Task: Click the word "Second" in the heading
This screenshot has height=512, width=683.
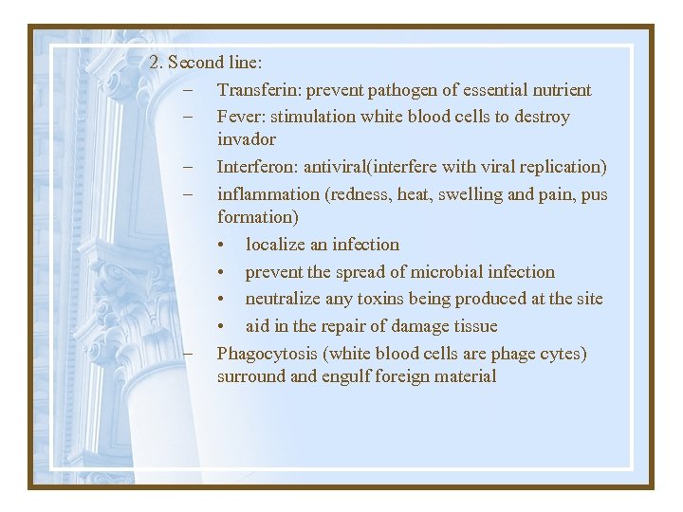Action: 196,63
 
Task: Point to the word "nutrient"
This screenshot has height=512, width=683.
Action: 558,90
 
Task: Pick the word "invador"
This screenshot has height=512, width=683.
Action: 246,139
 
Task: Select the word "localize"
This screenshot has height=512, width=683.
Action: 276,244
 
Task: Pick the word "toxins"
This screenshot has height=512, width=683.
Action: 382,299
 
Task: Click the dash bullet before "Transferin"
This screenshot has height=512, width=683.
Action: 190,90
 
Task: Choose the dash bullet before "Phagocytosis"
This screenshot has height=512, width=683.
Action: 190,354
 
